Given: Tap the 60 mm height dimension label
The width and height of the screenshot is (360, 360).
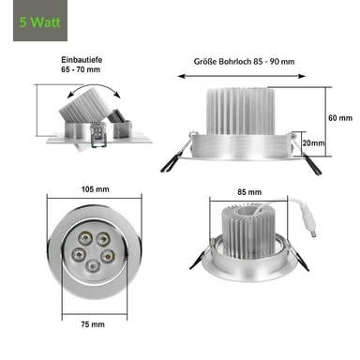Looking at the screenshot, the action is (x=340, y=118).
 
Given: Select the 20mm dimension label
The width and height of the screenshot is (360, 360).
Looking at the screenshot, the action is (x=313, y=142).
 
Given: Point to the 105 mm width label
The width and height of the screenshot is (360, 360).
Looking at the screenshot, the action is (x=96, y=189).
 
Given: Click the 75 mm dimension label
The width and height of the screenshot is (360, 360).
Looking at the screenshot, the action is (x=93, y=324).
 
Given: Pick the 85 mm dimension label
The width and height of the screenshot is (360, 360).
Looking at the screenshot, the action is (x=249, y=192).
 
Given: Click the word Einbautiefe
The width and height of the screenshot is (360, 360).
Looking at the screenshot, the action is (x=82, y=60).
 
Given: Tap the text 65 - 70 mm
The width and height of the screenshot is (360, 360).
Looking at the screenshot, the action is (x=81, y=69).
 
